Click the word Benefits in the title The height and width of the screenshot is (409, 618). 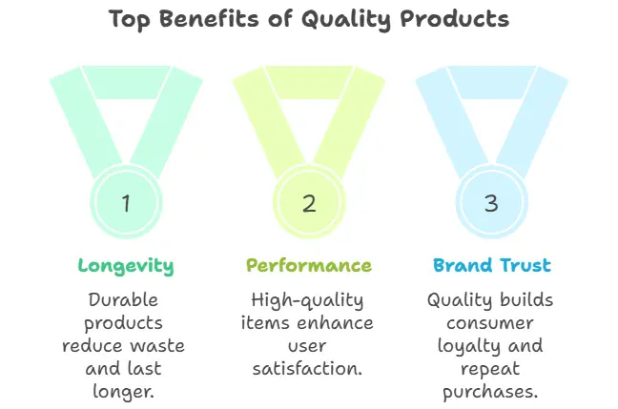(210, 18)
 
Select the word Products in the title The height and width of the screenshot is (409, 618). (455, 18)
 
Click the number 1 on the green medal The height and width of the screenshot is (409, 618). (126, 203)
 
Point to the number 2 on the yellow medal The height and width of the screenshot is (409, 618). (309, 203)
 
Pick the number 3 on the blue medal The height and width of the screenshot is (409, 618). (491, 203)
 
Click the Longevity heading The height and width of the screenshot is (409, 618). (126, 266)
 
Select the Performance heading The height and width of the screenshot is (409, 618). (309, 265)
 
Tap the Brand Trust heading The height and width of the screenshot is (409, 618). (492, 265)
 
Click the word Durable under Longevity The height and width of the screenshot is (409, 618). (123, 300)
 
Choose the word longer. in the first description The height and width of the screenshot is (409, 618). (123, 392)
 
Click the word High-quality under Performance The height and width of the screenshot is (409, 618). (307, 300)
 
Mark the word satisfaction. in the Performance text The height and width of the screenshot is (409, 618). (307, 368)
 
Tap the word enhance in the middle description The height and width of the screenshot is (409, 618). (335, 322)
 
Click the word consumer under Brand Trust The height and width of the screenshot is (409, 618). (490, 323)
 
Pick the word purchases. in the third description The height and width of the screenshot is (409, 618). (490, 392)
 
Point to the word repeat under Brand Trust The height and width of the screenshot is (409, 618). (490, 370)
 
